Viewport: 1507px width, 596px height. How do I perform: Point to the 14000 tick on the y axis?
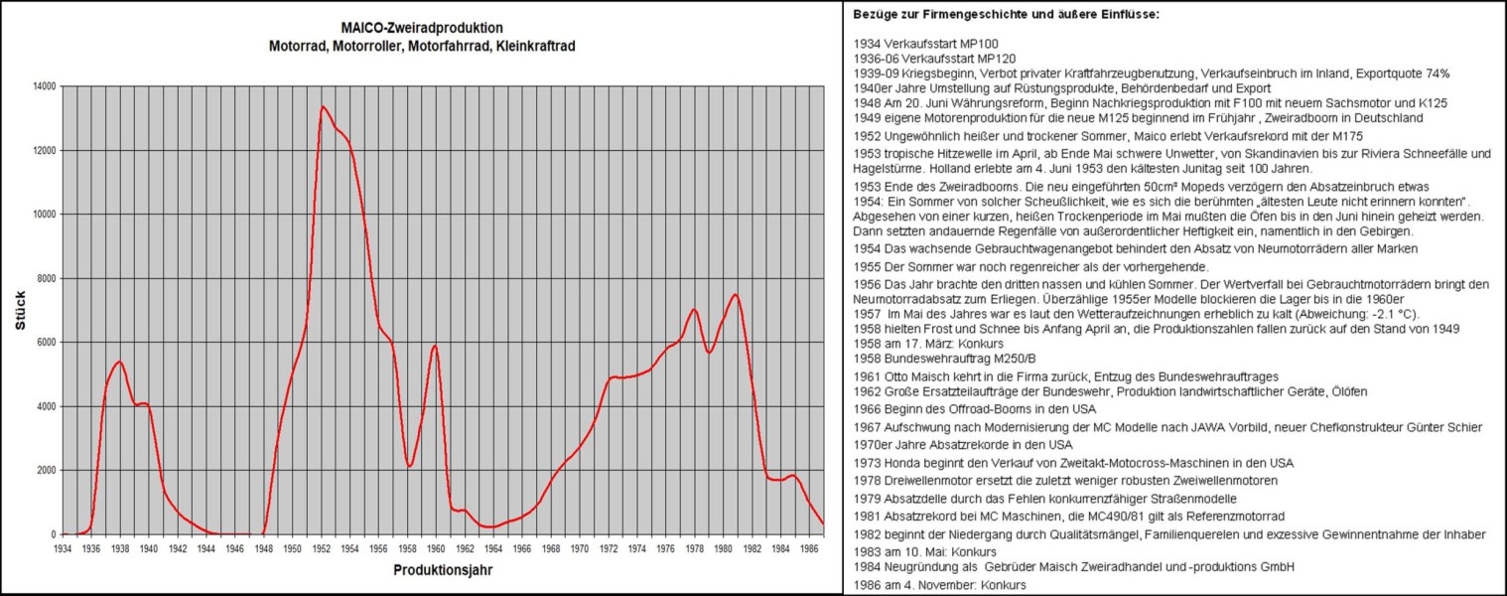point(43,86)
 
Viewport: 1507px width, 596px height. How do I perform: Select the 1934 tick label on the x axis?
point(63,547)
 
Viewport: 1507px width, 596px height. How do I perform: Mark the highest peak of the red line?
point(323,106)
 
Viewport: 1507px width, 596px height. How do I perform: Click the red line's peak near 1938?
point(119,362)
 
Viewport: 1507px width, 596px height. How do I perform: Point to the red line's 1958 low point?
point(409,466)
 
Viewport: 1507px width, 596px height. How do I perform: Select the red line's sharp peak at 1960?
point(435,346)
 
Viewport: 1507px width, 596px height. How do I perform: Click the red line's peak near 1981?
point(735,294)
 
